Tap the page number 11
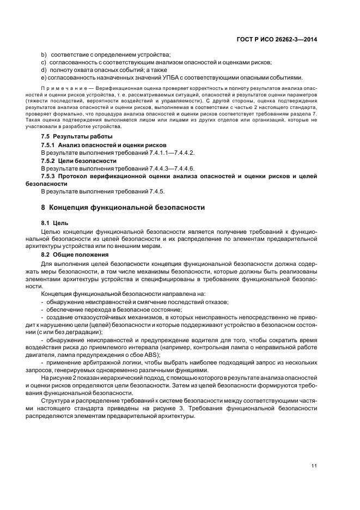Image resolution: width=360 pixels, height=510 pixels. click(314, 465)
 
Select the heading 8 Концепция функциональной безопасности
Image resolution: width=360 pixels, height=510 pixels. click(123, 208)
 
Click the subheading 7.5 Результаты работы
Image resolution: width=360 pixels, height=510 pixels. click(77, 136)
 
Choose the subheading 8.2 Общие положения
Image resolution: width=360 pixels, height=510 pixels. click(75, 254)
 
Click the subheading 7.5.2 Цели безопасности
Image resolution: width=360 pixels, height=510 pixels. click(79, 161)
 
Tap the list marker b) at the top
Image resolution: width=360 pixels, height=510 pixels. click(44, 54)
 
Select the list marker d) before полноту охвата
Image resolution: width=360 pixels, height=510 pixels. click(44, 70)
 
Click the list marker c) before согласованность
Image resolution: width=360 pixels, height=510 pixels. click(44, 62)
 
